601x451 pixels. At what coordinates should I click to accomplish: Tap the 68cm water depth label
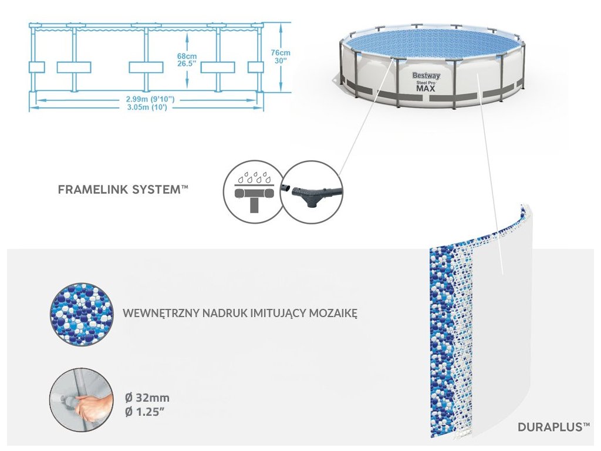point(186,56)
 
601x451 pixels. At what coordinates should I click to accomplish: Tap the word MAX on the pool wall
point(426,89)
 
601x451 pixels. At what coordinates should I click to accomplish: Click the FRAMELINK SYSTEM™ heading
point(123,190)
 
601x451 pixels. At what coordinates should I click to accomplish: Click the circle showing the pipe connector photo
point(312,191)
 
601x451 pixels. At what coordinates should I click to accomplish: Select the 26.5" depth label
point(186,65)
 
